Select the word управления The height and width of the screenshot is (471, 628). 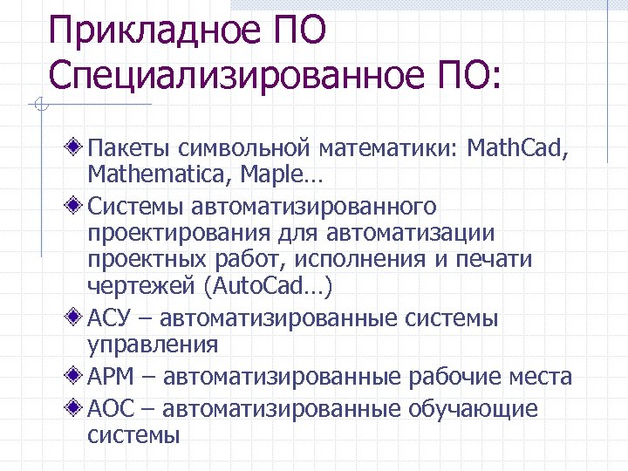pyautogui.click(x=153, y=345)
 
